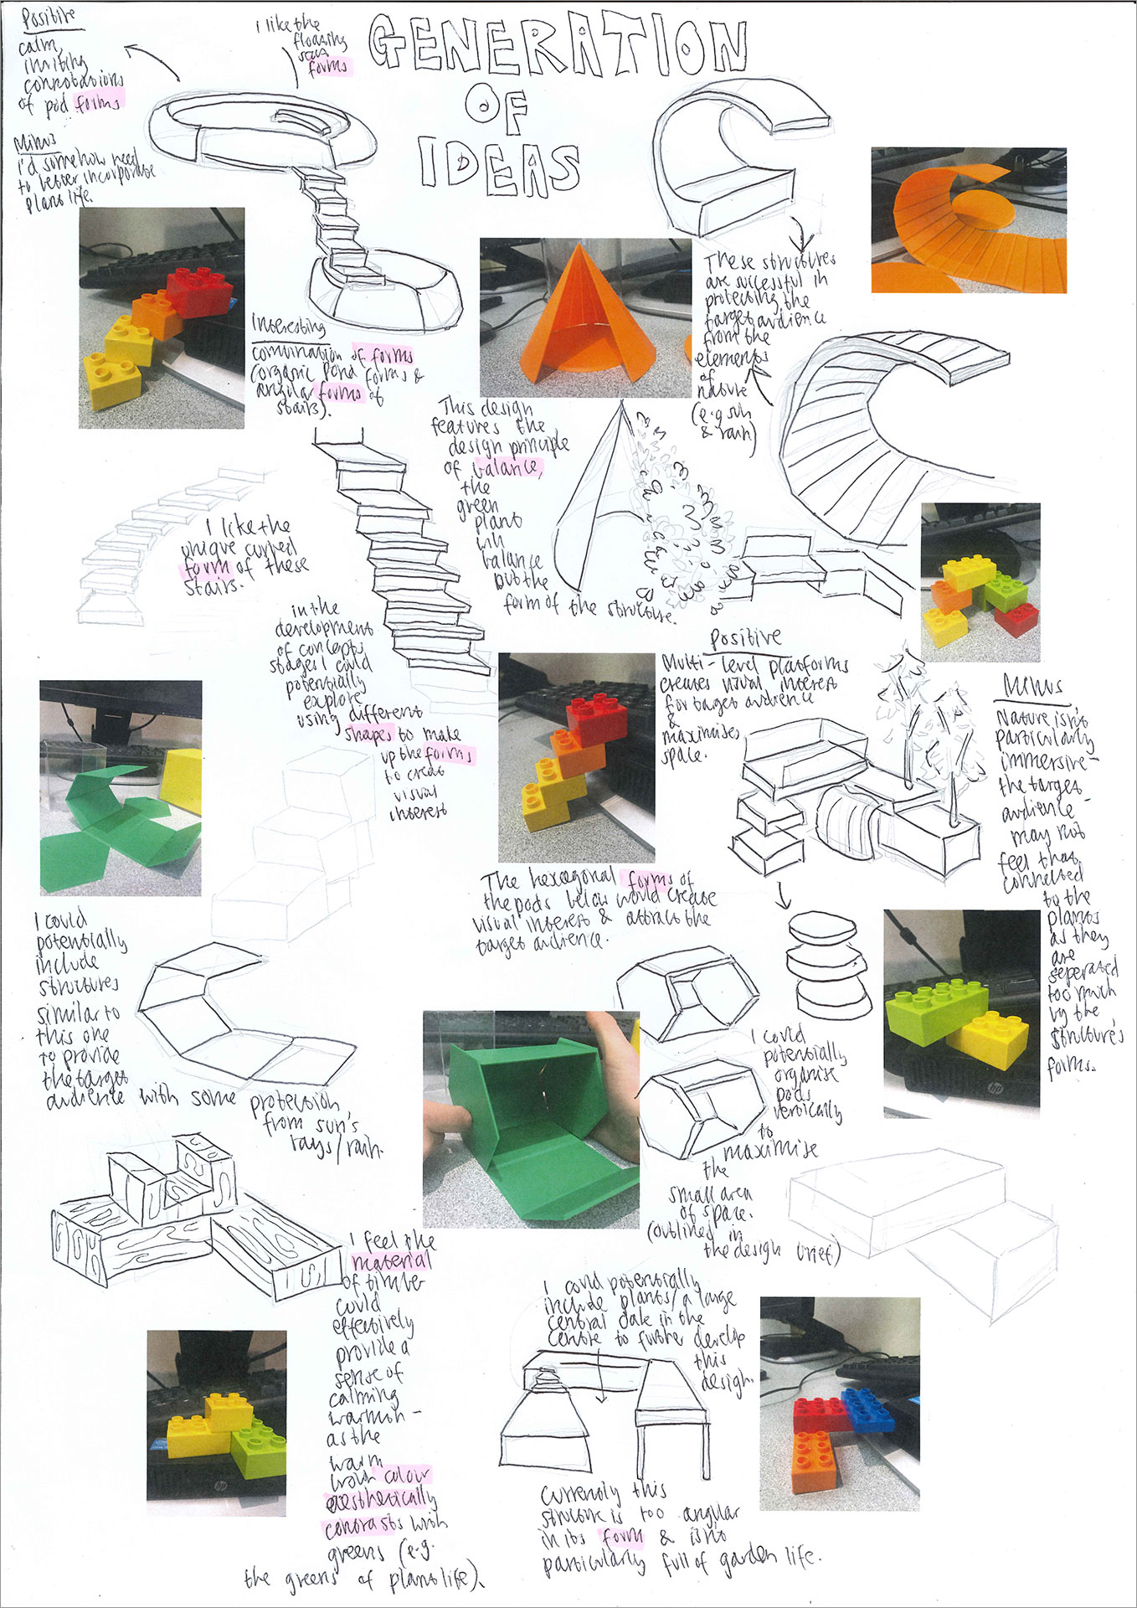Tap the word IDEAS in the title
pyautogui.click(x=499, y=165)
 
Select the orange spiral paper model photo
pyautogui.click(x=968, y=221)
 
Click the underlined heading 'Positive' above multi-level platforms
pyautogui.click(x=744, y=639)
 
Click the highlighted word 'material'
pyautogui.click(x=391, y=1261)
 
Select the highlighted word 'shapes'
pyautogui.click(x=368, y=734)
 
